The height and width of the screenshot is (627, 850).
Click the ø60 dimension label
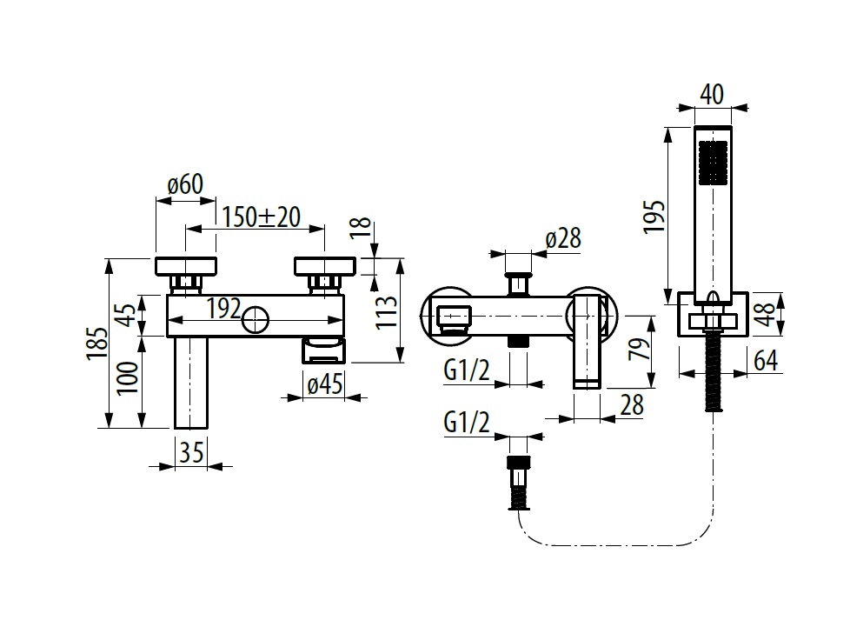pyautogui.click(x=185, y=184)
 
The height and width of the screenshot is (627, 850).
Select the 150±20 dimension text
pyautogui.click(x=261, y=217)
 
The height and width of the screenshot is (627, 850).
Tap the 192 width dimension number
pyautogui.click(x=224, y=309)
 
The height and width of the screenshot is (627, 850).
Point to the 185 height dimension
pyautogui.click(x=97, y=343)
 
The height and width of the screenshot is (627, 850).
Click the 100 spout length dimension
pyautogui.click(x=129, y=378)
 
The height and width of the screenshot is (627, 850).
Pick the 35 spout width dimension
pyautogui.click(x=191, y=452)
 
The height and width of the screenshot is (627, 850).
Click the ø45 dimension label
pyautogui.click(x=325, y=384)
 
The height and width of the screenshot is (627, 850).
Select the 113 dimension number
pyautogui.click(x=387, y=312)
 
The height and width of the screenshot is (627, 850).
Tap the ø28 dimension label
pyautogui.click(x=563, y=238)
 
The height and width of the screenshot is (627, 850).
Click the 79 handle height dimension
pyautogui.click(x=639, y=349)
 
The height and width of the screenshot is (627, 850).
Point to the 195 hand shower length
pyautogui.click(x=654, y=217)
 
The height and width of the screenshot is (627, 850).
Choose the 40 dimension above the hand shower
pyautogui.click(x=712, y=95)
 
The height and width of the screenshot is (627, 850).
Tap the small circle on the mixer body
pyautogui.click(x=256, y=319)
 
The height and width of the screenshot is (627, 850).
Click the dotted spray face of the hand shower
pyautogui.click(x=714, y=162)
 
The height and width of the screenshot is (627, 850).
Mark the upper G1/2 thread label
pyautogui.click(x=467, y=370)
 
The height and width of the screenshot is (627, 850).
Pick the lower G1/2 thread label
pyautogui.click(x=467, y=422)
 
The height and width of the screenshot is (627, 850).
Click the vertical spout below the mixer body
pyautogui.click(x=191, y=383)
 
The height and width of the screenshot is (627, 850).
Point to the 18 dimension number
pyautogui.click(x=361, y=227)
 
